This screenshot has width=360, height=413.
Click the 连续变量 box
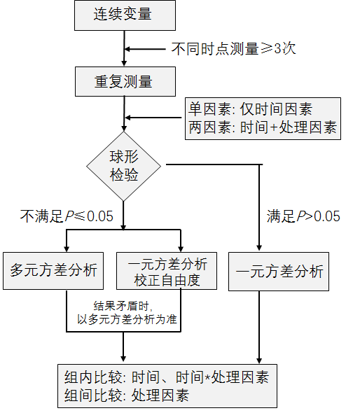(125, 15)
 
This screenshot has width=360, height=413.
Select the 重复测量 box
(125, 81)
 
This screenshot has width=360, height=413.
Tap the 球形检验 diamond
(123, 166)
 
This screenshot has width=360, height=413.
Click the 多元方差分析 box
(53, 271)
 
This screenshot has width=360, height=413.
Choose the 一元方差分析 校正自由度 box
(167, 271)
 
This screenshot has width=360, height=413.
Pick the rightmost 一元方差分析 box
(279, 272)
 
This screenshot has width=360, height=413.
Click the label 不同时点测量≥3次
(233, 49)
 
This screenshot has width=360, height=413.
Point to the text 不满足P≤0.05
(67, 216)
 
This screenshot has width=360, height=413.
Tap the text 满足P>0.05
(303, 216)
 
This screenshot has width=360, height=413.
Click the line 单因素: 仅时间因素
(250, 109)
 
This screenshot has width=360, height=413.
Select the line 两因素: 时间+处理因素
(263, 127)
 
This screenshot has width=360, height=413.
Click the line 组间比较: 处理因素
(127, 395)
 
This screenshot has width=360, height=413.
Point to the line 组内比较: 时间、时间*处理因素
(167, 377)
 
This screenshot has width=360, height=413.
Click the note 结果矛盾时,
(123, 306)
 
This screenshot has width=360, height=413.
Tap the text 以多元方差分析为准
(127, 319)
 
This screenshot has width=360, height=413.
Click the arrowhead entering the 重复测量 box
(124, 63)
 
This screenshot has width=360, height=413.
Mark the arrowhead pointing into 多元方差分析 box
(67, 249)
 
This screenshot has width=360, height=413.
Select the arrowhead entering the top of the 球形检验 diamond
(124, 127)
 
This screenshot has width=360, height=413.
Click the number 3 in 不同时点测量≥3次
(278, 49)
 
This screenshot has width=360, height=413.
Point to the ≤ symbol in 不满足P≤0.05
(80, 216)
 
